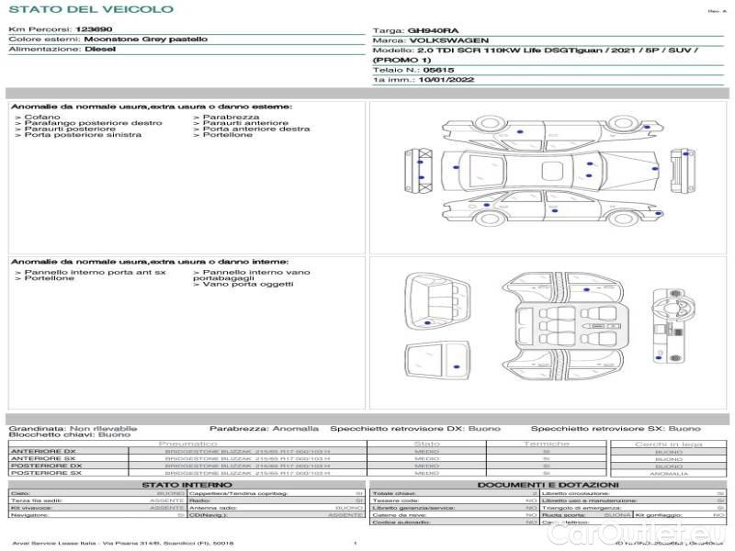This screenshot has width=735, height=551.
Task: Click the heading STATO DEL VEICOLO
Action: click(90, 9)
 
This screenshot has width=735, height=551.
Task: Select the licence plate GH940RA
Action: click(427, 30)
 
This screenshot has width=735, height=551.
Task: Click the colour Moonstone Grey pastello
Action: click(144, 39)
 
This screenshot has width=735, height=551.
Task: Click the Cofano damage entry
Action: click(42, 117)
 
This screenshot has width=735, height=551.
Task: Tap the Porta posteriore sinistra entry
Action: click(83, 135)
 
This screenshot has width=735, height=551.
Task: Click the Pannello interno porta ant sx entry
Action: click(95, 272)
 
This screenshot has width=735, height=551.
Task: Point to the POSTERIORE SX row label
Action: click(44, 473)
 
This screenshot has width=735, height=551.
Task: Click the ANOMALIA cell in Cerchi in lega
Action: click(668, 473)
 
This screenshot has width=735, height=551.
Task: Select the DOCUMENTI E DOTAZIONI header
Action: click(548, 484)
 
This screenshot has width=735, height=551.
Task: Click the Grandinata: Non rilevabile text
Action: click(73, 428)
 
